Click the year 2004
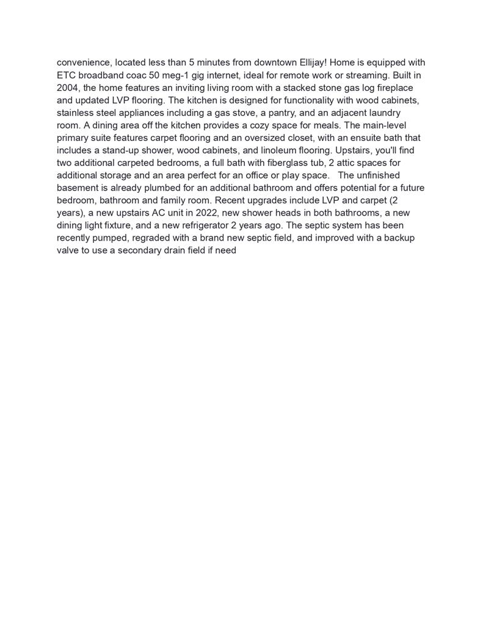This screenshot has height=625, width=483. (x=68, y=88)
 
